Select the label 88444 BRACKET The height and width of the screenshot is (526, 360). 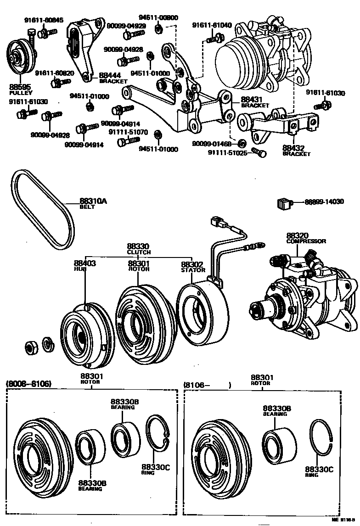(x=113, y=78)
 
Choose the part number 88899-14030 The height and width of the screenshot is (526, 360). (x=325, y=201)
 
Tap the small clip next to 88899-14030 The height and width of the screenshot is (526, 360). (x=284, y=202)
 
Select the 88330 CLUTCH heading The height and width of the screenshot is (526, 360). (x=139, y=249)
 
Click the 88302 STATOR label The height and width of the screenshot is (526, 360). (x=193, y=267)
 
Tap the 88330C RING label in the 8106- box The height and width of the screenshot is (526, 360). (x=319, y=471)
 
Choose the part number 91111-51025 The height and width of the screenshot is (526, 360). (x=227, y=152)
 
